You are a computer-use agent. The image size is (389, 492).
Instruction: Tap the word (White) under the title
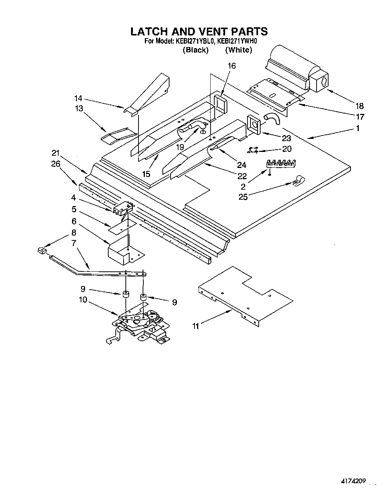[239, 50]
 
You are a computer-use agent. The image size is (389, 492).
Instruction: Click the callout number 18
[360, 106]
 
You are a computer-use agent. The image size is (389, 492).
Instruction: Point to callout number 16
[232, 66]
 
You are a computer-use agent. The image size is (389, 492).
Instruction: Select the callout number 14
[78, 99]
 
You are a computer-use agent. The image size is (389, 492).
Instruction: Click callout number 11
[195, 326]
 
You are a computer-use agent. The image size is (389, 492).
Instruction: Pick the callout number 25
[243, 197]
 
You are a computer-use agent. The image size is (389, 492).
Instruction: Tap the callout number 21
[56, 153]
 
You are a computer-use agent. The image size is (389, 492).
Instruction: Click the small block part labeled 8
[41, 250]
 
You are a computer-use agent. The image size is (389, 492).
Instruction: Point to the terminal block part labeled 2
[280, 163]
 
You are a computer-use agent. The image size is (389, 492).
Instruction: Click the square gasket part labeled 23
[254, 125]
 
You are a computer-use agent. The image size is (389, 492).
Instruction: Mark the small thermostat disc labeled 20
[253, 150]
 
